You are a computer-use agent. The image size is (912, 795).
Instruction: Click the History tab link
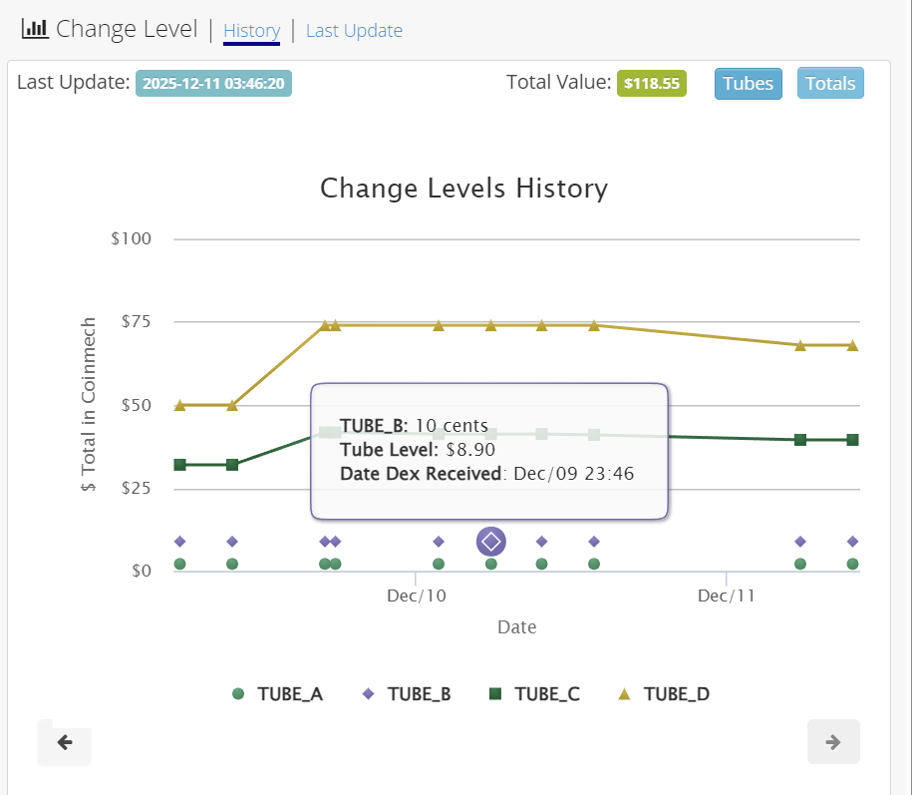251,31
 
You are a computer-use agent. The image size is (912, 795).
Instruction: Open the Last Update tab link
354,31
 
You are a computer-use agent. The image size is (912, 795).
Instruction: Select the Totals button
830,84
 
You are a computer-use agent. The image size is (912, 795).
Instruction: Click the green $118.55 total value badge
652,84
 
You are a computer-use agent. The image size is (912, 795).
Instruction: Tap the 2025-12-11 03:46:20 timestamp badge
213,84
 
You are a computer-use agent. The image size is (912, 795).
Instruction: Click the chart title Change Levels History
463,189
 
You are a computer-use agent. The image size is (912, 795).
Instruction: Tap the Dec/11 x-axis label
727,596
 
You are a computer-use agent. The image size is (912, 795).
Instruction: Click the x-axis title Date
516,627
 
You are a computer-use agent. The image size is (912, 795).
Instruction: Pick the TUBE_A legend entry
278,694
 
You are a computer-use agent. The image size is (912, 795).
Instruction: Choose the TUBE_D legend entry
665,694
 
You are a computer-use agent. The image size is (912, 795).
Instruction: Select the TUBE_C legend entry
535,694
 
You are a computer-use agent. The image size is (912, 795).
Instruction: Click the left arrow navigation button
65,742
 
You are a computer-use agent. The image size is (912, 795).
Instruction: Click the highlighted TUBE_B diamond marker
490,542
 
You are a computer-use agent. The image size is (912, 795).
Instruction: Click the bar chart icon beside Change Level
35,29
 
